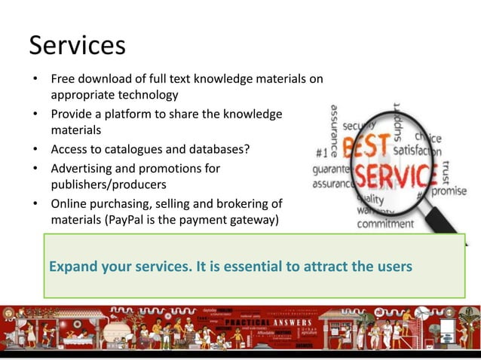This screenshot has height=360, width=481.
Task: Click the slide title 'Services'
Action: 77,46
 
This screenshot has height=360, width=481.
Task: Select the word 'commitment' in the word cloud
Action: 384,224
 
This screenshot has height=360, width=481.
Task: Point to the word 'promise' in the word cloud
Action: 451,191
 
